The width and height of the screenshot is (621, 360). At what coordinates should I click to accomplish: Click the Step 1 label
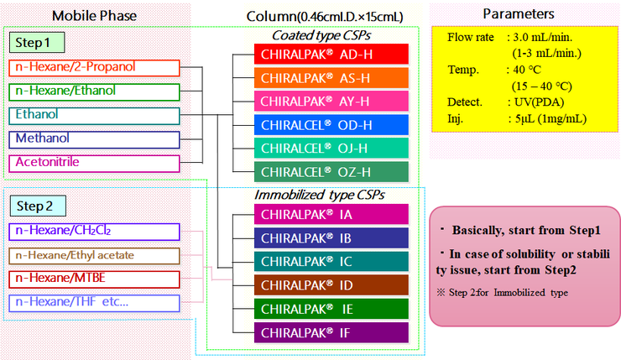click(37, 43)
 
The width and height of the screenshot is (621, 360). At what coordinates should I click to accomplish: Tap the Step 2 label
click(37, 206)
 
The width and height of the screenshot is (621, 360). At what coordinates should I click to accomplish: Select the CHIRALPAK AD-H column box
click(331, 54)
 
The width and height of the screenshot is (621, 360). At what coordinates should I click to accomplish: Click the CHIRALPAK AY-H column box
click(331, 102)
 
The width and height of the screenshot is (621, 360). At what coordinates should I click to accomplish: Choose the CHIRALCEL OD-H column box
click(331, 125)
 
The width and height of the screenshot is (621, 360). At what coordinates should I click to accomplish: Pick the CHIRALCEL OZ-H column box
click(331, 173)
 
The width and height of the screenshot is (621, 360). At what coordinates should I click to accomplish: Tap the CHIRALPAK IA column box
click(331, 214)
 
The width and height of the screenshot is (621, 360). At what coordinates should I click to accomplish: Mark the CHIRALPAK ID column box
click(331, 284)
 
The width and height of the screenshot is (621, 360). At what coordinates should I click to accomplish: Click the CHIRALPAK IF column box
click(331, 332)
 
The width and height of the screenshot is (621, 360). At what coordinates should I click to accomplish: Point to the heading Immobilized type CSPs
click(319, 195)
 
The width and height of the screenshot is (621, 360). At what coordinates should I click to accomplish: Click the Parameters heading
click(519, 14)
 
